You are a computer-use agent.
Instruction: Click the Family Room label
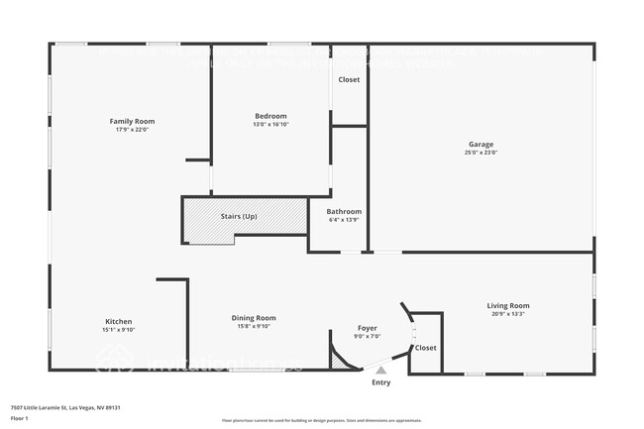point(132,121)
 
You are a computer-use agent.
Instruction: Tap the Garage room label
point(481,145)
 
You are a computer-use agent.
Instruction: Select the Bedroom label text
point(270,116)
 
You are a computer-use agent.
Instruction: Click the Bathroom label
point(344,211)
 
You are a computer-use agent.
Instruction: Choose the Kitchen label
point(119,321)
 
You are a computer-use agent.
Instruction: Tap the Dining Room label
point(254,318)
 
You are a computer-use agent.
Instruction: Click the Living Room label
point(507,305)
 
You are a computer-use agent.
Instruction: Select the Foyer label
point(368,328)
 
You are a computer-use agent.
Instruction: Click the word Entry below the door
point(380,382)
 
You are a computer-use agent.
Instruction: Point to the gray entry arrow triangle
point(380,370)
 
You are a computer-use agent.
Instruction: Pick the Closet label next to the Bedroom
point(349,79)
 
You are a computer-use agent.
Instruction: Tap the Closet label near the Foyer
point(425,348)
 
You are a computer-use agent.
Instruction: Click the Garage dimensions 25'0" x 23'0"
point(481,153)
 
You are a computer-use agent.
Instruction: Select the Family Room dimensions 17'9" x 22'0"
point(132,130)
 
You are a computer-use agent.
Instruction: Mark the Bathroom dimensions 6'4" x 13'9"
point(344,220)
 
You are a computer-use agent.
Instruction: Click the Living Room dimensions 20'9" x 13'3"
point(507,314)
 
